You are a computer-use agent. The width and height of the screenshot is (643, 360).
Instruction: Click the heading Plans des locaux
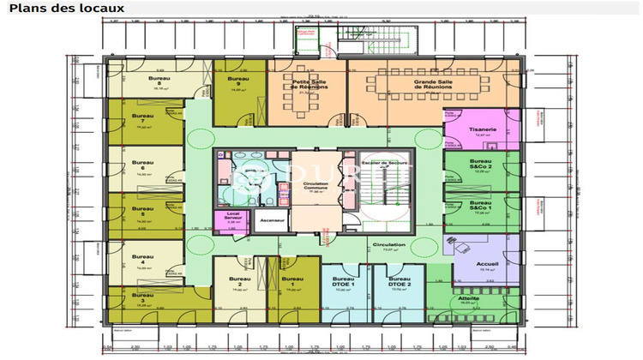click(x=66, y=8)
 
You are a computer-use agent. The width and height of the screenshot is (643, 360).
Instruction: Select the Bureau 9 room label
click(x=236, y=79)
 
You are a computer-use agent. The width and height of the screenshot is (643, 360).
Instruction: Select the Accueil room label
click(x=486, y=262)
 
